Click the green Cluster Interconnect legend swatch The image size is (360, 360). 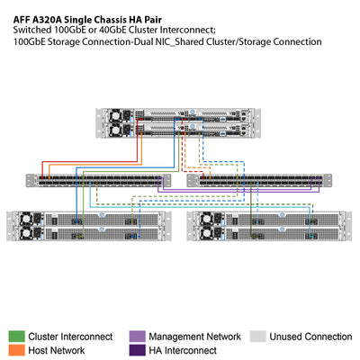pos(15,336)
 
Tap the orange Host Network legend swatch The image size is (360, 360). pos(15,350)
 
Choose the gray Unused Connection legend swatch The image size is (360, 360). pos(256,336)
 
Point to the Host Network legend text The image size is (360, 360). pos(58,350)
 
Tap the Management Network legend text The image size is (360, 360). pos(193,336)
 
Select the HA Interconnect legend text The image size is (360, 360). pos(183,350)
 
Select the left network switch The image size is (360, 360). pos(98,181)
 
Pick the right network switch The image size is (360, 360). pos(256,181)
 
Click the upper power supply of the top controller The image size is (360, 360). pos(117,115)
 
